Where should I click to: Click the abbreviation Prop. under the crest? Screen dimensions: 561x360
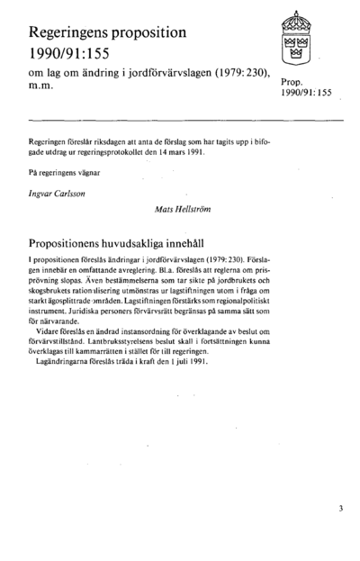[292, 82]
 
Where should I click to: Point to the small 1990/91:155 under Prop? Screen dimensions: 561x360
[306, 94]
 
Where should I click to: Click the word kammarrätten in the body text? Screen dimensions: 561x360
[149, 351]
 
